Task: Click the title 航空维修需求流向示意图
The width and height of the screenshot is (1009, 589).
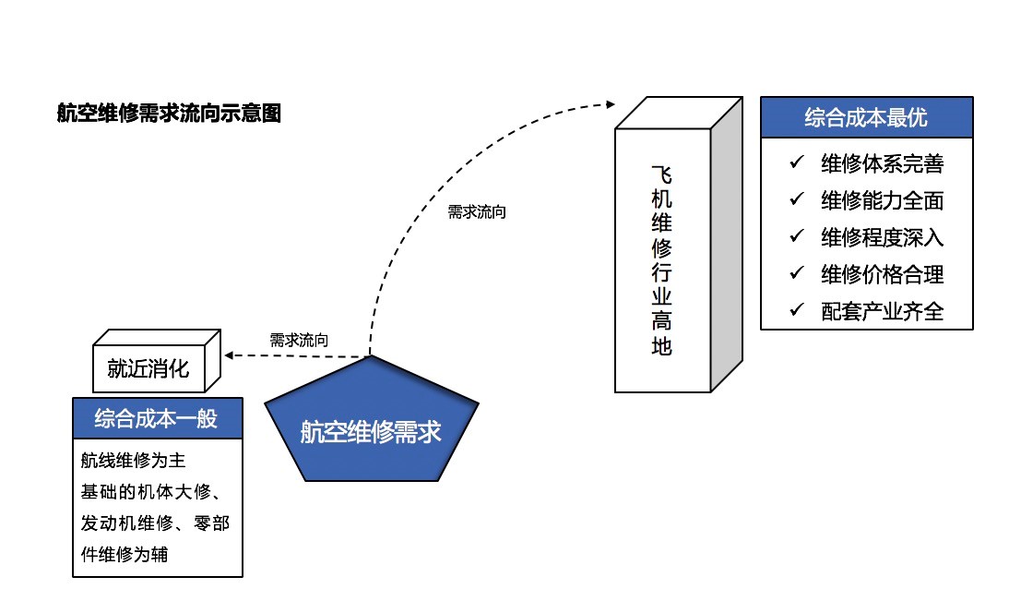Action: coord(169,114)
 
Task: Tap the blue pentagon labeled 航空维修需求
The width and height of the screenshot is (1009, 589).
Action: coord(371,430)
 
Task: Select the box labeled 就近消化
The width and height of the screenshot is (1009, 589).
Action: coord(148,369)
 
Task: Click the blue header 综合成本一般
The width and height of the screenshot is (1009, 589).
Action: coord(157,418)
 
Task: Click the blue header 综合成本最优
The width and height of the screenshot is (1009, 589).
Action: coord(866,118)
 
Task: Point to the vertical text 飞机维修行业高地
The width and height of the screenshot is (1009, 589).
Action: coord(661,260)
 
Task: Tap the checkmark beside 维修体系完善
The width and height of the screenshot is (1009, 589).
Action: coord(797,163)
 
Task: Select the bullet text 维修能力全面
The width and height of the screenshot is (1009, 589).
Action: coord(882,200)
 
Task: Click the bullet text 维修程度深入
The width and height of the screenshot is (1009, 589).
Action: coord(882,237)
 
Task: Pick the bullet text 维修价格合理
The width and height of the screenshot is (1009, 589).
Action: coord(882,274)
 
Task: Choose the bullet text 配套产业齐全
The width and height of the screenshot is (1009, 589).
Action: coord(882,311)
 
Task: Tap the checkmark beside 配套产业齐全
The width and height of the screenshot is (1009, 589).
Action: coord(797,310)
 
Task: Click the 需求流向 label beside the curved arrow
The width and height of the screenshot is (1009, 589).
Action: coord(477,212)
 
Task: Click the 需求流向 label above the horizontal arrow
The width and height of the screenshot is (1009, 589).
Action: coord(299,340)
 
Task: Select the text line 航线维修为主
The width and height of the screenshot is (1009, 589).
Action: coord(134,460)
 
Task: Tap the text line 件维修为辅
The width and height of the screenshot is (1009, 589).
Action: coord(125,554)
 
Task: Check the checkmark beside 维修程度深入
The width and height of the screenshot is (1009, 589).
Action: coord(797,236)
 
